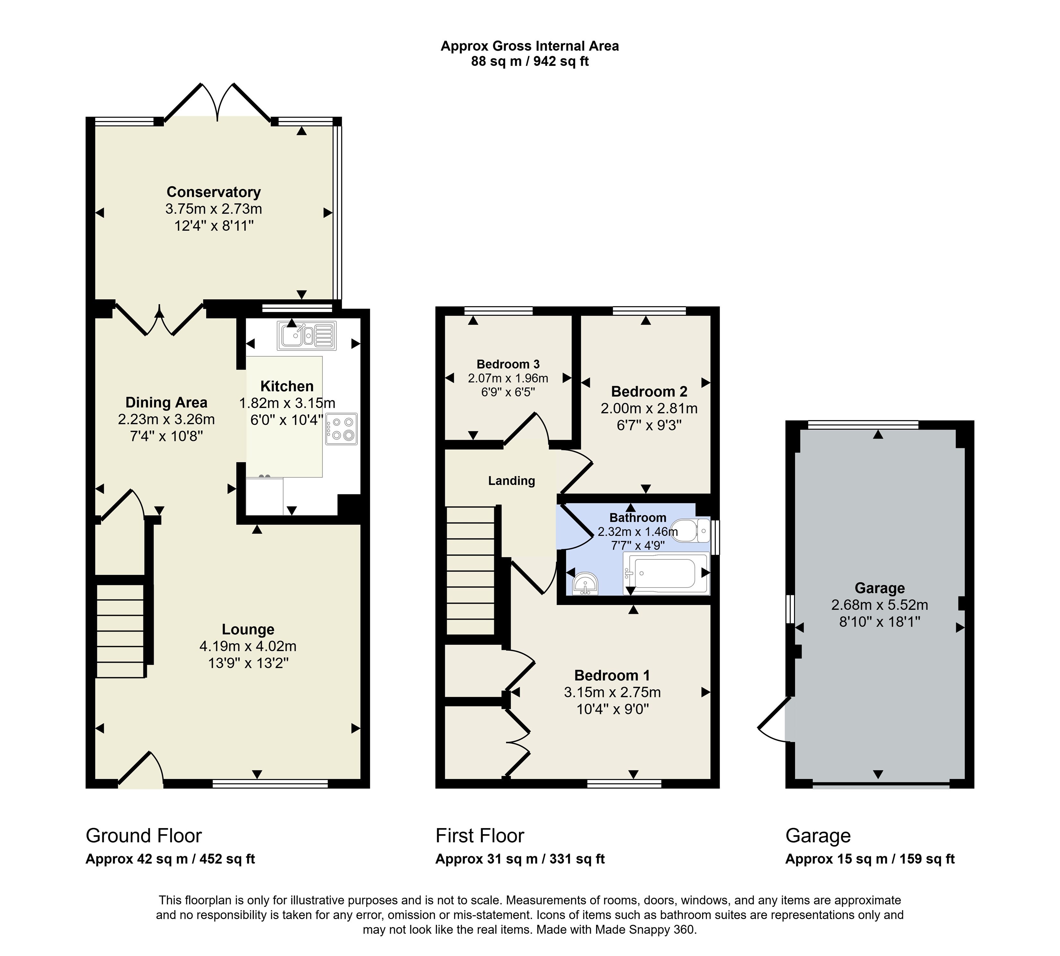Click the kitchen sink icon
pyautogui.click(x=306, y=335)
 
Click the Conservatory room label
pyautogui.click(x=213, y=192)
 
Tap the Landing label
pyautogui.click(x=511, y=481)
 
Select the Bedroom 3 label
pyautogui.click(x=508, y=364)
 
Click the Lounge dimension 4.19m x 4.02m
pyautogui.click(x=248, y=646)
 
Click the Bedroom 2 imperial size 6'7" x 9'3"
pyautogui.click(x=649, y=425)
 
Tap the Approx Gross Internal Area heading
pyautogui.click(x=529, y=46)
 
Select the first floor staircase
pyautogui.click(x=470, y=571)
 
